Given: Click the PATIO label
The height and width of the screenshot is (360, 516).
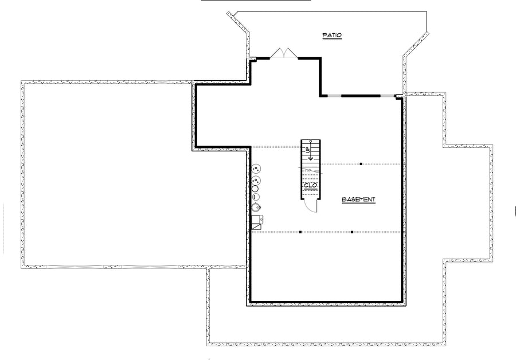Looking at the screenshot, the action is pyautogui.click(x=332, y=35).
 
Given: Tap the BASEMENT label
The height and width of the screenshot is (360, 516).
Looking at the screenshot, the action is pyautogui.click(x=358, y=199).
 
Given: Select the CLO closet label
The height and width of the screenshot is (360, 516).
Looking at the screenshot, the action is pyautogui.click(x=310, y=186).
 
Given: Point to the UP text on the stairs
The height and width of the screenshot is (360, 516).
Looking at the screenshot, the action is pyautogui.click(x=308, y=150).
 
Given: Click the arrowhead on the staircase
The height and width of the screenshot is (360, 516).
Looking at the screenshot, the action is pyautogui.click(x=311, y=159).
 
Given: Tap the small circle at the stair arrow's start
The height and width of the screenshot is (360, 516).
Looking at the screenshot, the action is pyautogui.click(x=311, y=142).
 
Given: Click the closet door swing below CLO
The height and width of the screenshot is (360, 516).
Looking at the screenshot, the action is pyautogui.click(x=310, y=206).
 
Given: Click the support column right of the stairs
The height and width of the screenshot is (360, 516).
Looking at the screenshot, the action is pyautogui.click(x=361, y=164).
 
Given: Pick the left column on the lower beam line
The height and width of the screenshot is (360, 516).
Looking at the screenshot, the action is pyautogui.click(x=300, y=232).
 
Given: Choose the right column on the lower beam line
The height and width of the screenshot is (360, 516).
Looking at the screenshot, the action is pyautogui.click(x=352, y=232).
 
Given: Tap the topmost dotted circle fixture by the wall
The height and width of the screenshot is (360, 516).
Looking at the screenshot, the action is pyautogui.click(x=256, y=169).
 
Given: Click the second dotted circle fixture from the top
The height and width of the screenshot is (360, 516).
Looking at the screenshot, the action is pyautogui.click(x=256, y=181).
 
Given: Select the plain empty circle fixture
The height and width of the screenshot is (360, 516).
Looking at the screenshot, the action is pyautogui.click(x=255, y=189).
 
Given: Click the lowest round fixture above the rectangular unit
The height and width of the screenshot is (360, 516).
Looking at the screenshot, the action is pyautogui.click(x=256, y=208).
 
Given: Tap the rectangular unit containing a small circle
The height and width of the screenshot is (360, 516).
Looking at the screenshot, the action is pyautogui.click(x=257, y=220).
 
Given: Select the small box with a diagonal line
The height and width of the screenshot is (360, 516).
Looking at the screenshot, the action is pyautogui.click(x=256, y=226).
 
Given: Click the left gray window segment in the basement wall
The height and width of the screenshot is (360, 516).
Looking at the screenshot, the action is pyautogui.click(x=334, y=96).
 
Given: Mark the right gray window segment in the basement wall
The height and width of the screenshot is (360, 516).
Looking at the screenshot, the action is pyautogui.click(x=387, y=96).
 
